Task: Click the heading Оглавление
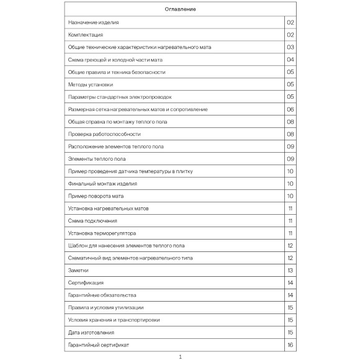[180, 10]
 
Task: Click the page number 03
[290, 47]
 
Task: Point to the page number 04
[290, 60]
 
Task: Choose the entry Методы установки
[91, 84]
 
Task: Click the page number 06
[290, 109]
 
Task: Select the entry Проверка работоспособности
[104, 134]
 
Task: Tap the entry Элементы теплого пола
[97, 159]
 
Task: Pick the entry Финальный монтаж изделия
[102, 184]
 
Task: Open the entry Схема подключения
[92, 221]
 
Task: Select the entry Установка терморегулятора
[101, 233]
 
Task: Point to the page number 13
[290, 271]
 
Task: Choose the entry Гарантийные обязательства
[102, 295]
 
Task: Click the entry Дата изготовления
[91, 333]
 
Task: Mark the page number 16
[290, 345]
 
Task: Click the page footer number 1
[180, 356]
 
